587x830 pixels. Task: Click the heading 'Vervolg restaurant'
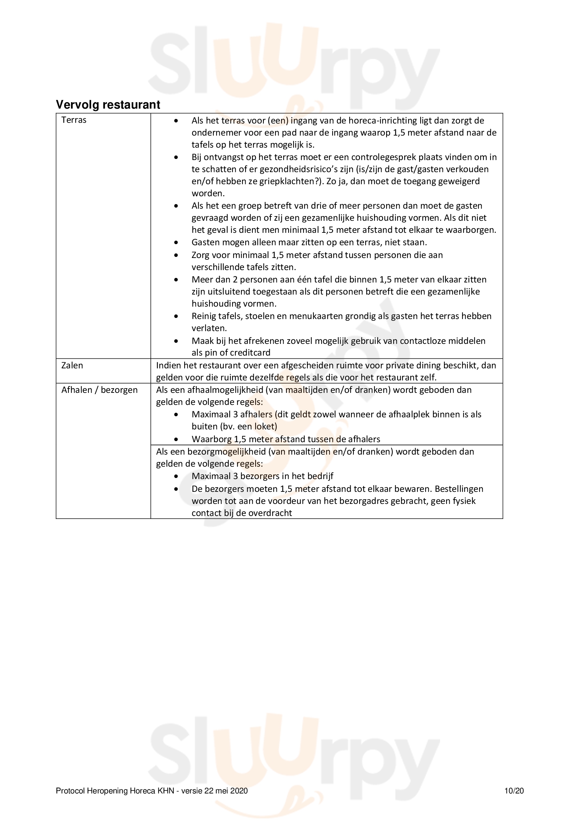[x=108, y=104]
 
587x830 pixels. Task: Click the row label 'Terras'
[x=74, y=120]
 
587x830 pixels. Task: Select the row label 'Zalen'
[x=72, y=365]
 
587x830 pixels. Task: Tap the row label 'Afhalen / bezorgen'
[x=99, y=390]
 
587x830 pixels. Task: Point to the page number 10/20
[x=514, y=791]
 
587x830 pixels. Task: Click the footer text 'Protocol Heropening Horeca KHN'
[x=115, y=791]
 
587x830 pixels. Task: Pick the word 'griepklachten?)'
[x=291, y=181]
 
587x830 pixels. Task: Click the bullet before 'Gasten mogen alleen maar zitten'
[x=176, y=243]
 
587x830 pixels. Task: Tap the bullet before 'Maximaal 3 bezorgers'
[x=176, y=477]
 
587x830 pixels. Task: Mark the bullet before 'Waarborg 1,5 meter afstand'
[x=176, y=440]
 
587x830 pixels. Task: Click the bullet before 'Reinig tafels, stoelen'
[x=176, y=316]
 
